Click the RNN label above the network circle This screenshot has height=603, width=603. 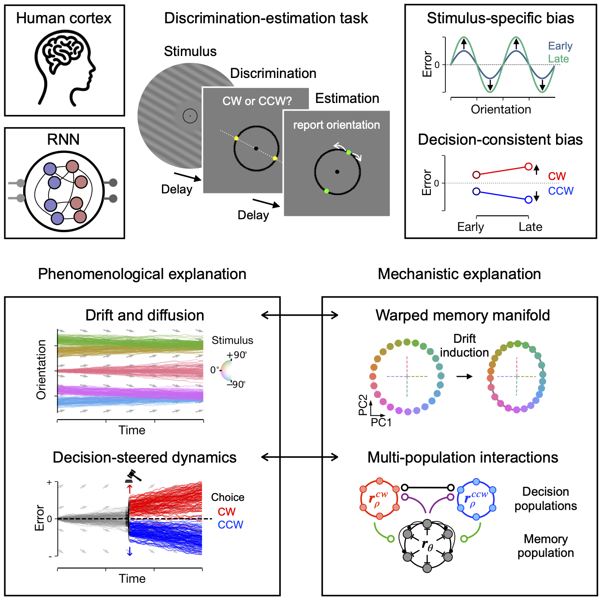[63, 140]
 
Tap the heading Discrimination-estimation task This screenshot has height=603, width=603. [266, 18]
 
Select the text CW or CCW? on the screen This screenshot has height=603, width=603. [257, 101]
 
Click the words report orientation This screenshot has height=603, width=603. [336, 125]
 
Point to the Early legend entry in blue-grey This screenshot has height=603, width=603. [560, 46]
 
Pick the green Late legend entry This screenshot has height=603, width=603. [558, 59]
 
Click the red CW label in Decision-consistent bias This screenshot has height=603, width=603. [556, 176]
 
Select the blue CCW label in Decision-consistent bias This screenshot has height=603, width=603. [560, 191]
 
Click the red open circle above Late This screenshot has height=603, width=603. [529, 166]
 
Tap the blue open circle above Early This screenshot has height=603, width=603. [476, 191]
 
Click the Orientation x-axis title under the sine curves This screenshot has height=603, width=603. [500, 109]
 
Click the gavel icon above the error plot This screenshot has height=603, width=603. [133, 476]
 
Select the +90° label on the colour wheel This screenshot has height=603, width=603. [236, 355]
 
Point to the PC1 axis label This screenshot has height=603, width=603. [381, 423]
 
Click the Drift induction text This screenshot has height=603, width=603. [464, 345]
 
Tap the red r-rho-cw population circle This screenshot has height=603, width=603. [379, 499]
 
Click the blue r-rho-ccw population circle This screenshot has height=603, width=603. [476, 499]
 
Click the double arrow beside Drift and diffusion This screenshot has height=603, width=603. [300, 315]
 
